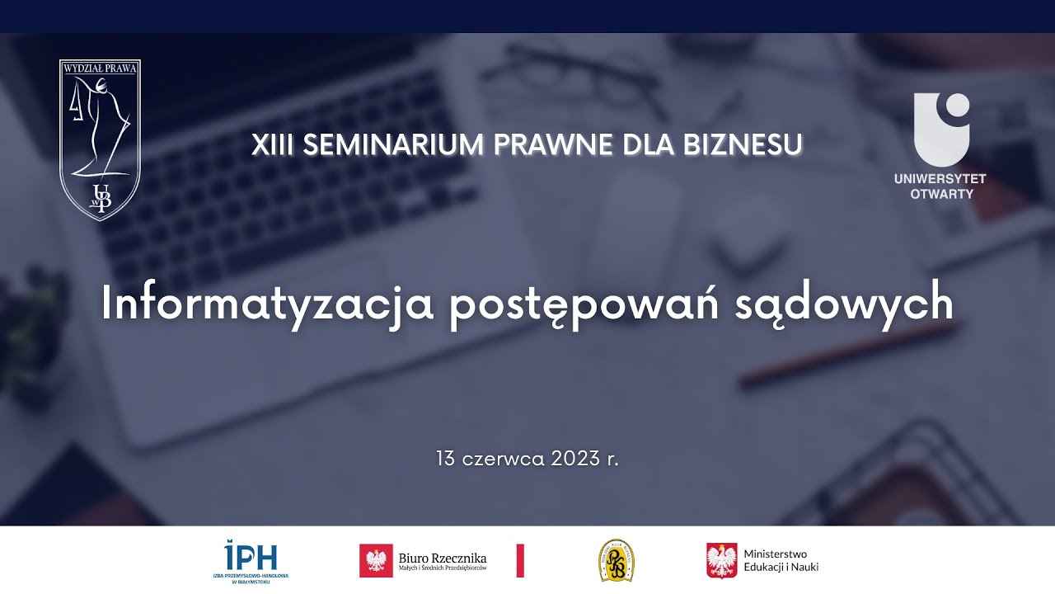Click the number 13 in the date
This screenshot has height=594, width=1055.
[446, 459]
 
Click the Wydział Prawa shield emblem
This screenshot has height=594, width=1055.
[101, 139]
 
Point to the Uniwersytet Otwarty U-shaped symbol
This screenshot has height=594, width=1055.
[940, 129]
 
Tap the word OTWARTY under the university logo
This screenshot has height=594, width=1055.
[941, 194]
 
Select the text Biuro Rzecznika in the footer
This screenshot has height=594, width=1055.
[443, 558]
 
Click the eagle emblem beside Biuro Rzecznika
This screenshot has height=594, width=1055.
[376, 561]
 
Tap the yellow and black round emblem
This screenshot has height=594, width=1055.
[616, 560]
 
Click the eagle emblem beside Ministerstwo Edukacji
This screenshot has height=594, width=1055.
[722, 561]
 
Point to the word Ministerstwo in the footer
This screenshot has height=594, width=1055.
[776, 554]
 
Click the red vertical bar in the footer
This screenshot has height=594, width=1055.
[520, 561]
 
